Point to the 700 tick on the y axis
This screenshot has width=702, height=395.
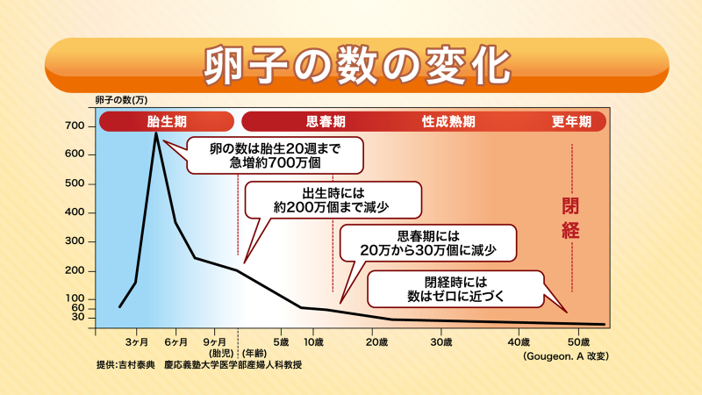pos(74,126)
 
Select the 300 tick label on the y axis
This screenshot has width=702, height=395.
pos(74,241)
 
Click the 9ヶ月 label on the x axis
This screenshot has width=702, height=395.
pos(215,341)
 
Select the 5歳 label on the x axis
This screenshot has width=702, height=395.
pos(281,341)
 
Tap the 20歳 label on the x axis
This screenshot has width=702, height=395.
pos(377,341)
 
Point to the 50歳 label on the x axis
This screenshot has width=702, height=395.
pos(578,341)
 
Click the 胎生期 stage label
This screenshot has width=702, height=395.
pos(166,121)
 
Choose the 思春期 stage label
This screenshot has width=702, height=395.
pos(325,121)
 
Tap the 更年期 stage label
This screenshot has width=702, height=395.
pos(571,121)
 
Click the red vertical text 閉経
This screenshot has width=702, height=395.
pos(572,219)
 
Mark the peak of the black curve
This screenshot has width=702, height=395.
pos(156,133)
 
